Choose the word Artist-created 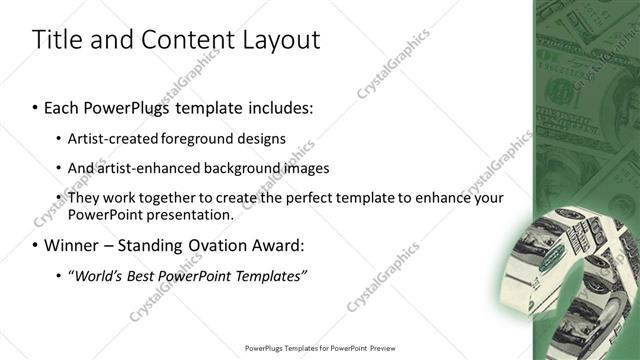[x=108, y=138]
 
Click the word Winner [x=73, y=245]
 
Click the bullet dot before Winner [x=36, y=245]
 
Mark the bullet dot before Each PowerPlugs [x=36, y=106]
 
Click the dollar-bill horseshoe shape [x=572, y=272]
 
